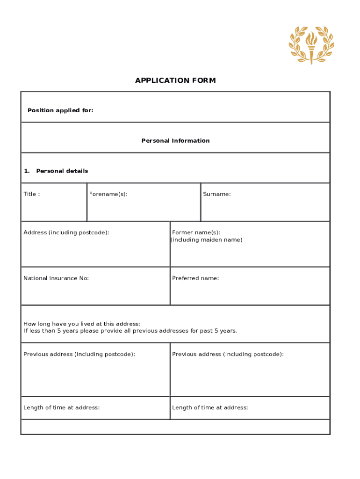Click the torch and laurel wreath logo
[311, 45]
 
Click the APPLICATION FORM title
[175, 80]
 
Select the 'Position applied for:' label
[60, 110]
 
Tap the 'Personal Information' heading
[175, 141]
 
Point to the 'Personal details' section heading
[62, 171]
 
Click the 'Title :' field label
[32, 194]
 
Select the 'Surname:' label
[216, 194]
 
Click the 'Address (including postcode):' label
[66, 232]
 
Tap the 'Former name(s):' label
[196, 232]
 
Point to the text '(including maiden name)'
[206, 240]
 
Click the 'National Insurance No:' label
[56, 278]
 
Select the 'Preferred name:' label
[195, 278]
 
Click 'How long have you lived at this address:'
[82, 324]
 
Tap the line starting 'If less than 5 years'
[130, 331]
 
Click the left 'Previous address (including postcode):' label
[79, 354]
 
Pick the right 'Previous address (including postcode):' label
[228, 354]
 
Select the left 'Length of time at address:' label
[61, 407]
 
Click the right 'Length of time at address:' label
[210, 407]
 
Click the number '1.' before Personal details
[27, 171]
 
